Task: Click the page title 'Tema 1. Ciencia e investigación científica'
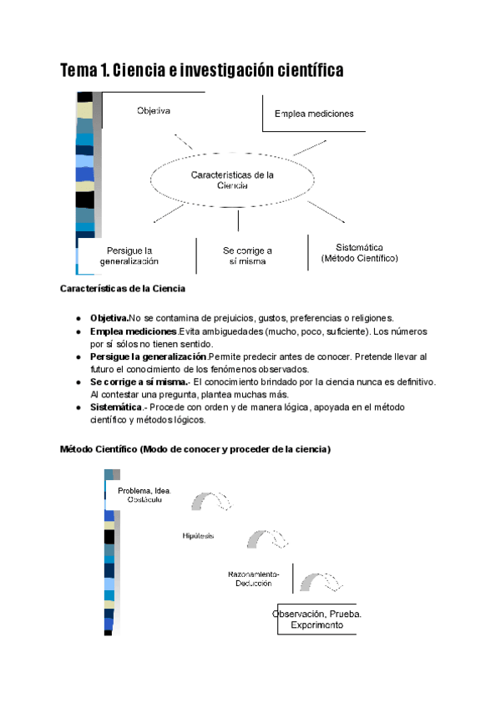click(x=201, y=72)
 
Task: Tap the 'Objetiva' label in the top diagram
click(x=154, y=110)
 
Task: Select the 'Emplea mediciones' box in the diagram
click(x=314, y=114)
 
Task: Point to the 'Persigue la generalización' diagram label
click(x=129, y=255)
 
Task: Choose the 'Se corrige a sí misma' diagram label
click(x=248, y=255)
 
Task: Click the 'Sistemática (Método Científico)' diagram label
click(x=359, y=253)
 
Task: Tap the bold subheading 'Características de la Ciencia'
click(x=122, y=289)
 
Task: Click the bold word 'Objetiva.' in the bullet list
click(x=109, y=318)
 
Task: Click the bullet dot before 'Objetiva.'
click(x=78, y=318)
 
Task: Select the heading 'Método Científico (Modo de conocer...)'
click(x=195, y=449)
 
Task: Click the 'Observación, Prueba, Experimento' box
click(x=316, y=619)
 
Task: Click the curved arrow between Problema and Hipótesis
click(x=211, y=501)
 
